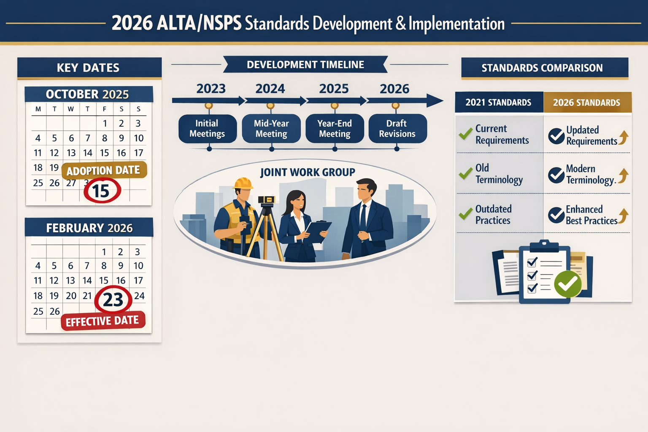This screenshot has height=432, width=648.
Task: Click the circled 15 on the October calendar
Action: (102, 191)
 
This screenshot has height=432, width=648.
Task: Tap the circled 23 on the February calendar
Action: (113, 300)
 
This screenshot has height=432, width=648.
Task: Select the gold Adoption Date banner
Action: (104, 170)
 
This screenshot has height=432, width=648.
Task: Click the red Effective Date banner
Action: (103, 321)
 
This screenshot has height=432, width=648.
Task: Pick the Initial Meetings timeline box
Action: (207, 129)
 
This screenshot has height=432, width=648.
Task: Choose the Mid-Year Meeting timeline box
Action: (271, 129)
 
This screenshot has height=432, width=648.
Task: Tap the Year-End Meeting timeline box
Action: (335, 129)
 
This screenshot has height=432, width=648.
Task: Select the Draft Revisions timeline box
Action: (397, 129)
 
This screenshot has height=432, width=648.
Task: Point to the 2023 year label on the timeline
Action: (211, 89)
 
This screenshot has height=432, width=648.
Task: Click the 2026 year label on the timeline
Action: (394, 89)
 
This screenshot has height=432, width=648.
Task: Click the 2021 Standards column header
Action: (498, 103)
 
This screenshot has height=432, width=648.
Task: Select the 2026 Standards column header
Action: (586, 103)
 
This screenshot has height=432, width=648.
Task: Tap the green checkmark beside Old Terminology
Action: (465, 173)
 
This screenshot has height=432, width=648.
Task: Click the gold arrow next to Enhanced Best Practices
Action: (624, 215)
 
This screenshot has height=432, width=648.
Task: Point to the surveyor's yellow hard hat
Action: (243, 184)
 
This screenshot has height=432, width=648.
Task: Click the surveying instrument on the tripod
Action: (266, 200)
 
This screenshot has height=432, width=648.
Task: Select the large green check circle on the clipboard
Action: (567, 284)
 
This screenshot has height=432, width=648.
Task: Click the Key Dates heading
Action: (88, 68)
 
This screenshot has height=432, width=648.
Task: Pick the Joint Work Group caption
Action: (308, 172)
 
